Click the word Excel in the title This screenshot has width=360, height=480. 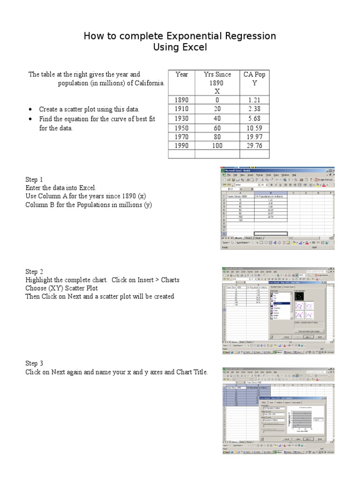tap(194, 48)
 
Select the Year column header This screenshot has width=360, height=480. tap(181, 75)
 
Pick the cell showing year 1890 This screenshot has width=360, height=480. tap(181, 100)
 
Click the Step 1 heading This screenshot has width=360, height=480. tap(34, 180)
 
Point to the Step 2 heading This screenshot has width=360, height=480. tap(34, 271)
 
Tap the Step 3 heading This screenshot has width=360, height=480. tap(34, 363)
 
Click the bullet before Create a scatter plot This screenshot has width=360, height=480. tap(30, 110)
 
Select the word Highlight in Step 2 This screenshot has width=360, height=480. tap(39, 280)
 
